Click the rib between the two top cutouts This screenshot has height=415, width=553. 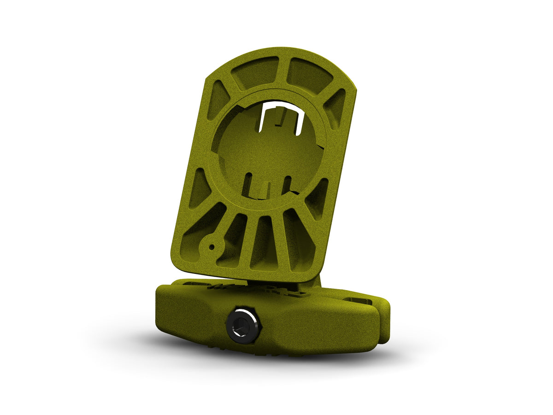click(x=282, y=69)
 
